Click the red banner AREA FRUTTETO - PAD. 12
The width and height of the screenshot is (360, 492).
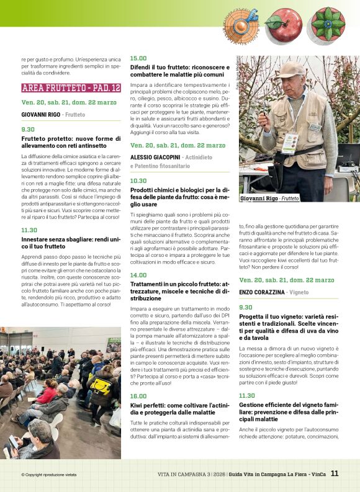click(71, 88)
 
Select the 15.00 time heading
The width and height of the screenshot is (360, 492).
click(138, 58)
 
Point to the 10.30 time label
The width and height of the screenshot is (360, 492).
click(138, 181)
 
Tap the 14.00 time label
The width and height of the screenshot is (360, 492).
click(138, 275)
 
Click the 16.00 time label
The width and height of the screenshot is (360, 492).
click(138, 396)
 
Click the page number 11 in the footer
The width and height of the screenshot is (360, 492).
click(335, 473)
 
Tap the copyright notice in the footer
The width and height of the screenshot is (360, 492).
click(48, 475)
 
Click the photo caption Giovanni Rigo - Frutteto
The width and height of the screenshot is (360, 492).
click(269, 199)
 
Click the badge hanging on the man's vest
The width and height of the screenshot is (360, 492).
click(290, 143)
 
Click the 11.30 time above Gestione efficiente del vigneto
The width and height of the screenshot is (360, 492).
click(247, 395)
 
